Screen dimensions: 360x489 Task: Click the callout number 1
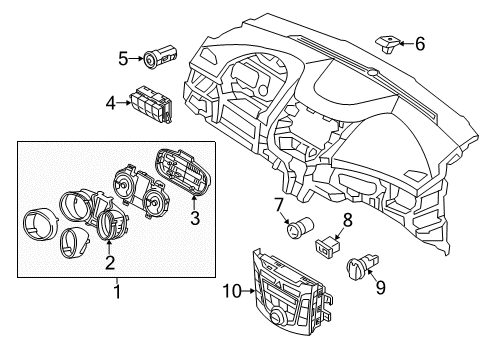coord(116,292)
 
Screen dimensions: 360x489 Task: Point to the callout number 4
coord(113,101)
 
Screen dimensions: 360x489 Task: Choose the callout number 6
coord(419,43)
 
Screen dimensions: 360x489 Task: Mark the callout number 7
coord(279,204)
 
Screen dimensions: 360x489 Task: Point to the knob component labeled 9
coord(360,267)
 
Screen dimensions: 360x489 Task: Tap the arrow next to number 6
coord(406,43)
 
